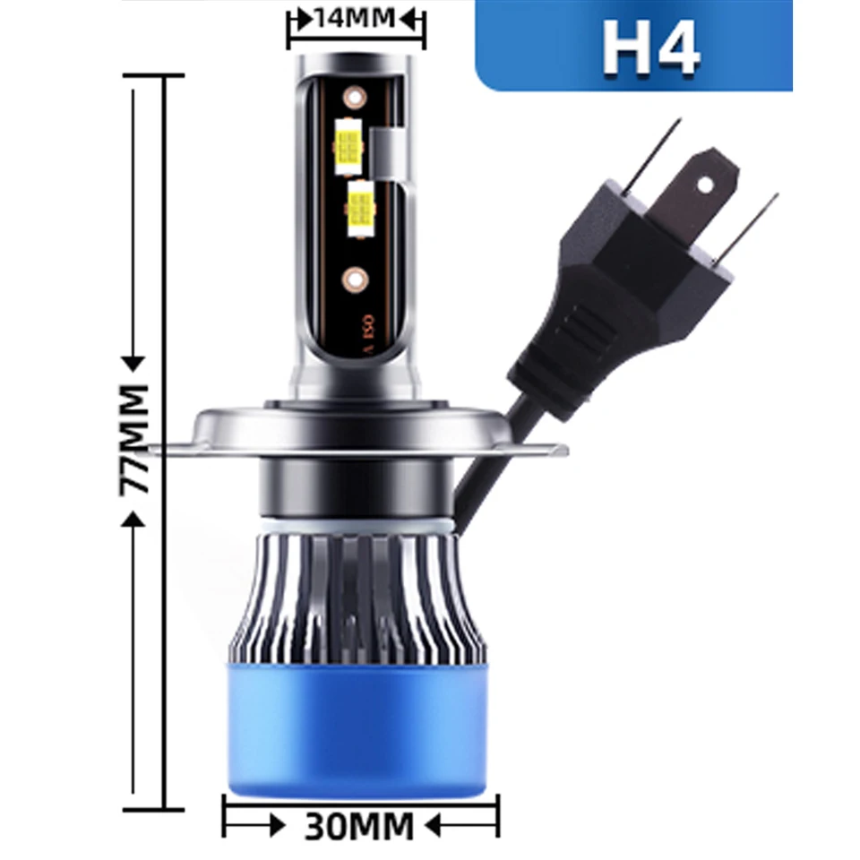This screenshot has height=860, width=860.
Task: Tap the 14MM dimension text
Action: point(357,19)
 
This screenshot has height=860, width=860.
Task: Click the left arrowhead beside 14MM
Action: point(301,19)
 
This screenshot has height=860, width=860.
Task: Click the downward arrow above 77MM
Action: point(134,362)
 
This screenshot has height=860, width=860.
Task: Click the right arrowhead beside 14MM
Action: point(413,19)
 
